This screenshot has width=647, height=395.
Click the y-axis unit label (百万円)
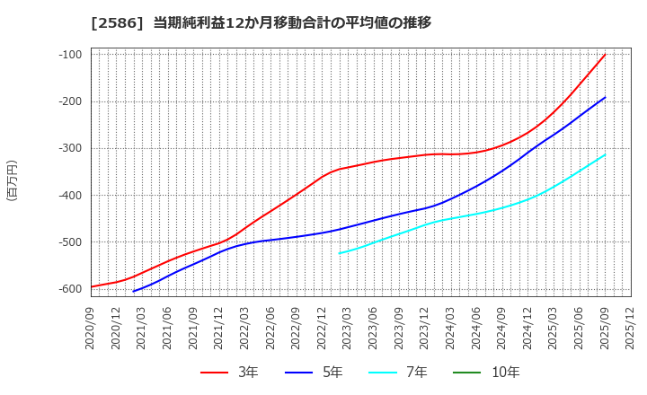point(12,180)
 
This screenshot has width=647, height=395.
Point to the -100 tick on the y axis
point(69,55)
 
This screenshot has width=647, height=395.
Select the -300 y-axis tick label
point(69,148)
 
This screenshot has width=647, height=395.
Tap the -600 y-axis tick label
point(69,289)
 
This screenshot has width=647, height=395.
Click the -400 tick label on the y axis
point(69,196)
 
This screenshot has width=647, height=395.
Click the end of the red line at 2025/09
point(605,55)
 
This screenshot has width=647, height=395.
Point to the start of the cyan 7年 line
point(340,253)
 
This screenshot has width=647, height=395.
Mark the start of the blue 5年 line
point(133,291)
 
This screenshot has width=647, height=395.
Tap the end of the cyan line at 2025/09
point(605,154)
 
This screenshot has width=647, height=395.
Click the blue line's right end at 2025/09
point(605,98)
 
